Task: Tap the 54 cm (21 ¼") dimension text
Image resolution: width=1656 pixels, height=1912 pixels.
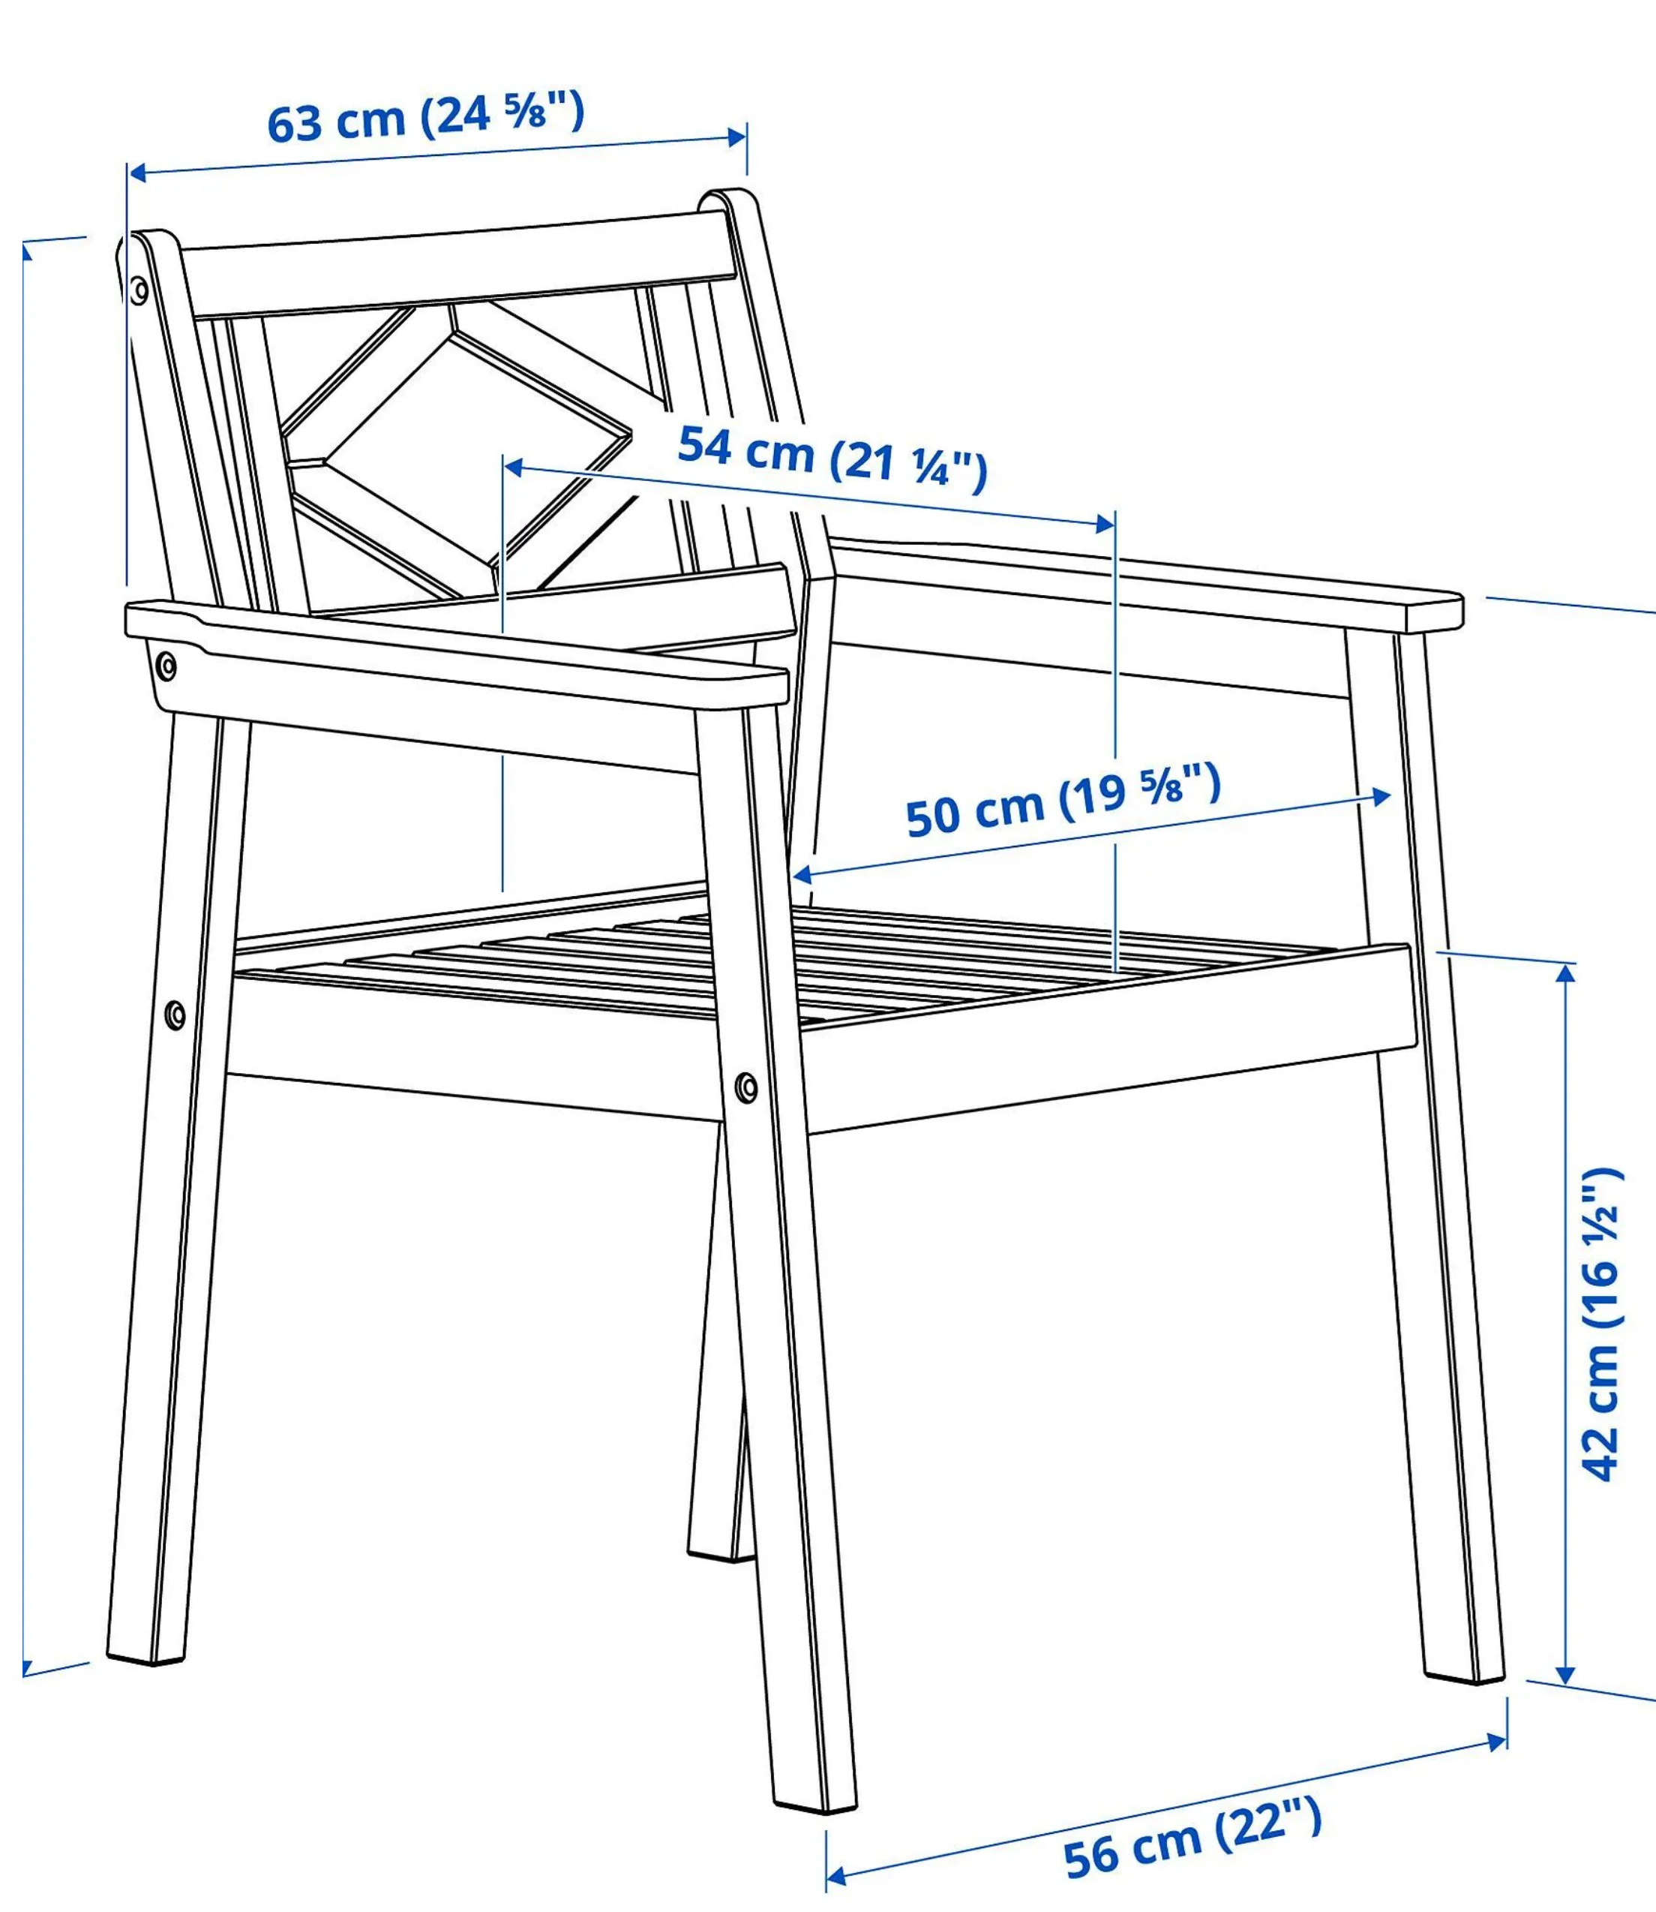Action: (x=832, y=455)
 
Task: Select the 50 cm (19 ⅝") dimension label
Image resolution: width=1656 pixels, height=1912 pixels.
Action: (x=1063, y=801)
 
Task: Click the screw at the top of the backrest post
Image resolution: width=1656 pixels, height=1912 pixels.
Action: (x=139, y=290)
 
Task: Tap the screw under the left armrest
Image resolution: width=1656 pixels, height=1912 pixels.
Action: (x=166, y=666)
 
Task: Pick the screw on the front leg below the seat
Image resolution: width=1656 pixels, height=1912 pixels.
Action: (x=747, y=1087)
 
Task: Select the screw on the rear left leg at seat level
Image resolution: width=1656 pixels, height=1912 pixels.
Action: (x=175, y=1015)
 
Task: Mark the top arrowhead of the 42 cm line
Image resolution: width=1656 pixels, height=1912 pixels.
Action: (x=1565, y=973)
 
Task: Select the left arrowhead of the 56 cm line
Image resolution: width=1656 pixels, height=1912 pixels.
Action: (x=835, y=1876)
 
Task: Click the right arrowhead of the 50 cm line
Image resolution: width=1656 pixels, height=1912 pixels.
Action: (x=1381, y=797)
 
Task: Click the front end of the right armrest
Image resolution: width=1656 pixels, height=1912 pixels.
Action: (x=1433, y=614)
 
